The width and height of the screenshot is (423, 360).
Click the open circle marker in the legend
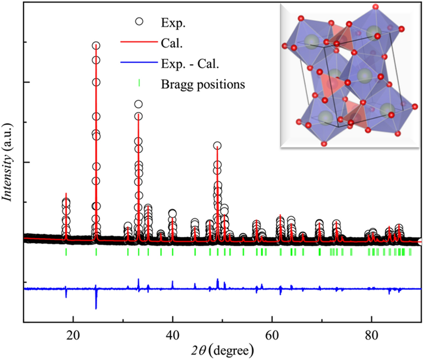point(139,22)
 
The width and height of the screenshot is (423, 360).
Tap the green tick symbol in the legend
point(139,83)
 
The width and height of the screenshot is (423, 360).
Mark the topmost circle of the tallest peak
point(96,45)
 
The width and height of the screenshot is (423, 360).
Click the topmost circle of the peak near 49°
point(217,145)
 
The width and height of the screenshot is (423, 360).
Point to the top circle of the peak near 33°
point(138,104)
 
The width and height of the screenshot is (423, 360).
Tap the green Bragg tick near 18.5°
point(66,252)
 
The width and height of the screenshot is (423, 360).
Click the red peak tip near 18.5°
point(66,193)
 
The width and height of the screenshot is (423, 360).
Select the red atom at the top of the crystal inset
point(374,7)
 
